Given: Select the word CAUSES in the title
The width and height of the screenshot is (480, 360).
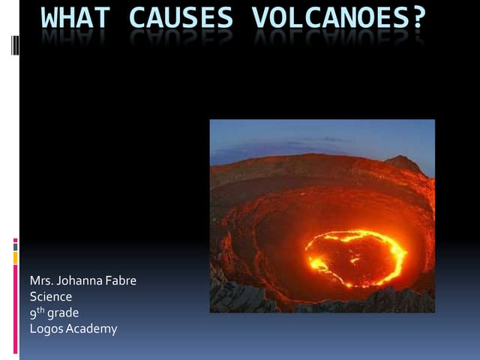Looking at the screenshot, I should click(x=181, y=17).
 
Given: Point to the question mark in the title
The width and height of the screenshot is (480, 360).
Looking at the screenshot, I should click(x=418, y=17).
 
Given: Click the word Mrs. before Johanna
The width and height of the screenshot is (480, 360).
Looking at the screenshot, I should click(x=40, y=281).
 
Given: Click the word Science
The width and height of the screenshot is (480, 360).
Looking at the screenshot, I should click(x=51, y=297).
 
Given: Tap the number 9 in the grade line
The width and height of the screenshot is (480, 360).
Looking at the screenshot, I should click(x=33, y=313).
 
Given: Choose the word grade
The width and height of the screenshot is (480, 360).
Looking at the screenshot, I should click(x=63, y=313).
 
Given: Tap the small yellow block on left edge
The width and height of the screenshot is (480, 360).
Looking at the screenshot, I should click(x=15, y=257).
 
